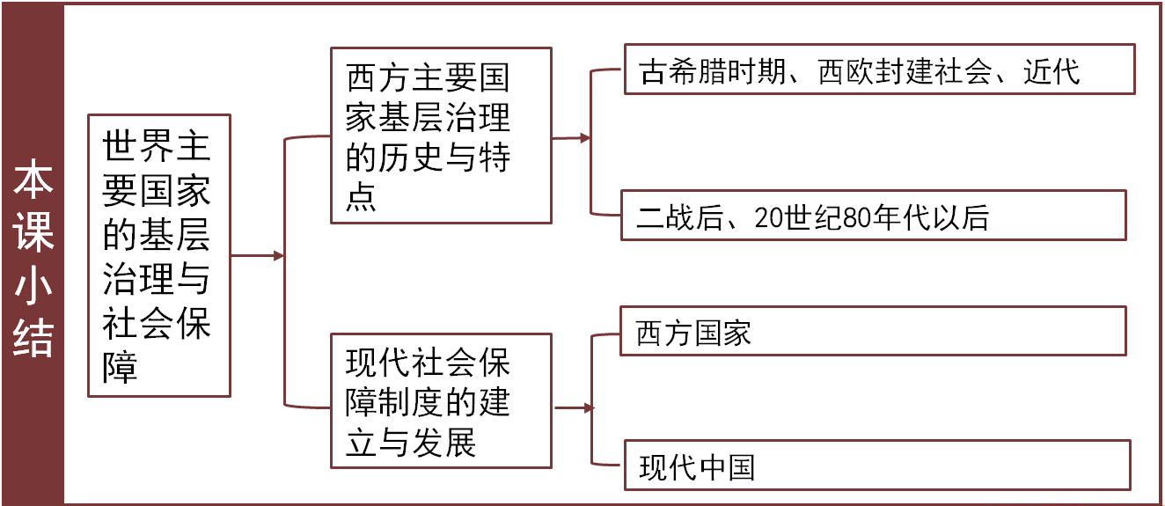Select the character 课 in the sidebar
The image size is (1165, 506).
pos(33,232)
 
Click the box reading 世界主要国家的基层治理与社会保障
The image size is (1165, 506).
pos(159,255)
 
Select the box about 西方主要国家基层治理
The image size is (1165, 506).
pos(441,136)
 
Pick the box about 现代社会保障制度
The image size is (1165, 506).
pos(441,400)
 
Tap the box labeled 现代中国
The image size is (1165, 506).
pos(876,466)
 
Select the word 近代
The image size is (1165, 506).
pos(1051,71)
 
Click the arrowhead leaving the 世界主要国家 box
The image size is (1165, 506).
pos(279,256)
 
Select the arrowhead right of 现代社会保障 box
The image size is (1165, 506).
pos(589,408)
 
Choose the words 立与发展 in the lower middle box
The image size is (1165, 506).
pos(411,443)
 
